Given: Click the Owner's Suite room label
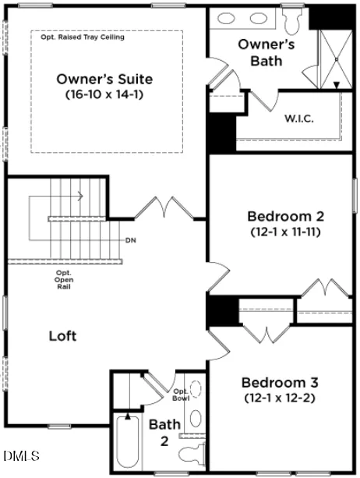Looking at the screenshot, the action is coord(104,80).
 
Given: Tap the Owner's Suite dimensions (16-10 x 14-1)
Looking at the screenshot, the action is coord(104,94).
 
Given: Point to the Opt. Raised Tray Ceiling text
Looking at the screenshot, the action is coord(83,37).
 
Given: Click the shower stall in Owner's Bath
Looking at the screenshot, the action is coord(336,59).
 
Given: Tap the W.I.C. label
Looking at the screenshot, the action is coord(299,119).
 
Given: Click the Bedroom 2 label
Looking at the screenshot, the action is coord(286,217).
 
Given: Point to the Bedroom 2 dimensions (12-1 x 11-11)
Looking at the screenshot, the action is coord(286,232).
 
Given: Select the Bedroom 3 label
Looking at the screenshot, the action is coord(280,383).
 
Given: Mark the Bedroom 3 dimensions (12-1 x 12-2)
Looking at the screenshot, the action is coord(280,398).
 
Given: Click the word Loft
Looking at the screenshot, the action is coord(63,336).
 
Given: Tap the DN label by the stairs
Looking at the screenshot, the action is coord(131,240).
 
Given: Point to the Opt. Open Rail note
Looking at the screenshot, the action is coord(64,279).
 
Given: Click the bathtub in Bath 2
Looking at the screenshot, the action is coord(128,441).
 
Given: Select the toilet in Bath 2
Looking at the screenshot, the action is coord(192,455).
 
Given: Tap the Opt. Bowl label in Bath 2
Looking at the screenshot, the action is coord(182,395).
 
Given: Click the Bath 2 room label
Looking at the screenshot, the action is coord(164,433).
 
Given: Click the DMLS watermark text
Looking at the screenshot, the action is coord(22,455).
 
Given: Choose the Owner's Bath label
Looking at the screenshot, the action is coord(266,53).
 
